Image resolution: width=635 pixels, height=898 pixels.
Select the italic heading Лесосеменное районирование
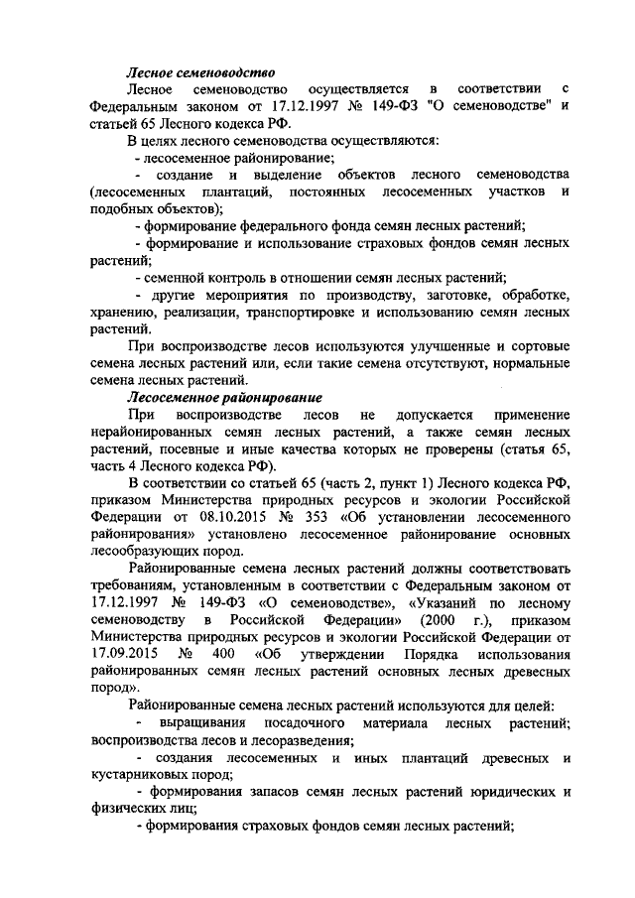pyautogui.click(x=212, y=397)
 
